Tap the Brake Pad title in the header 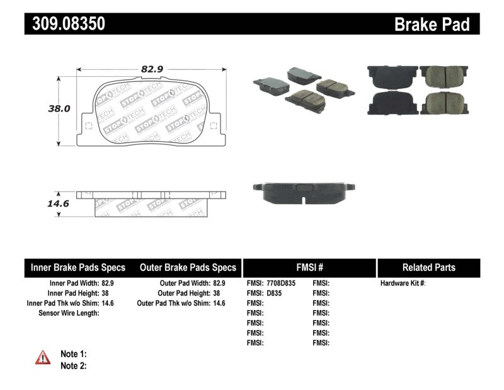[x=432, y=25]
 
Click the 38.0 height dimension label [x=59, y=108]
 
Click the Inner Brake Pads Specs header [x=78, y=267]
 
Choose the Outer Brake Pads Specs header [x=188, y=267]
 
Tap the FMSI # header [x=309, y=267]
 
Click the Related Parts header [x=428, y=267]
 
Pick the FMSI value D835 [x=275, y=293]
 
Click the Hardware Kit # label [x=403, y=284]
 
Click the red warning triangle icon [x=43, y=358]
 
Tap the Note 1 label [x=73, y=353]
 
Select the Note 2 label [x=73, y=365]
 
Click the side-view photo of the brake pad [x=303, y=192]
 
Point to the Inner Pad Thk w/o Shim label [x=60, y=303]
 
